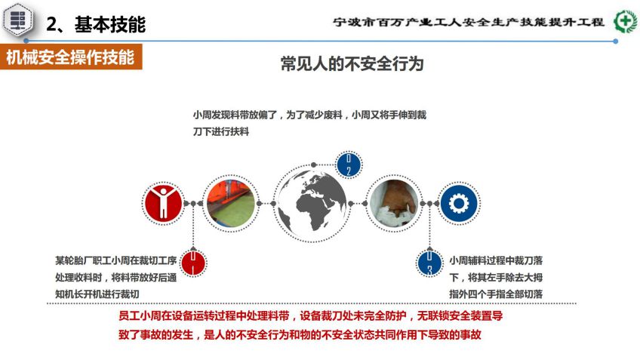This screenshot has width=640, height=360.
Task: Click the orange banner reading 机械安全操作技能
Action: click(x=71, y=57)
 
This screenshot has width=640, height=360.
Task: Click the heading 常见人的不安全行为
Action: click(x=352, y=64)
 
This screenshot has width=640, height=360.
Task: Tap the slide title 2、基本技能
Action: click(x=96, y=24)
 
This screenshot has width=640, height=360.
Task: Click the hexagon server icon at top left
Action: click(x=17, y=19)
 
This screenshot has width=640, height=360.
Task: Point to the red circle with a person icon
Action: click(x=163, y=203)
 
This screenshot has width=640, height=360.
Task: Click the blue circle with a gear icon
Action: click(x=459, y=203)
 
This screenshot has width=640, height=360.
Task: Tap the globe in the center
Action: click(x=312, y=203)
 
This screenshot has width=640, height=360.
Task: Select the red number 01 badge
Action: click(x=193, y=263)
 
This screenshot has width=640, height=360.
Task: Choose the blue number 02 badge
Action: click(x=349, y=165)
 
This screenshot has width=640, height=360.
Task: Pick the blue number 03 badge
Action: click(x=429, y=263)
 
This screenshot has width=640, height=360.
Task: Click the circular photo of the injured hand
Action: click(x=394, y=203)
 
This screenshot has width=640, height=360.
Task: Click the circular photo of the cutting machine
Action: click(x=231, y=203)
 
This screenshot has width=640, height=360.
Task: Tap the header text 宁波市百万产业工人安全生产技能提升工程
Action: click(x=468, y=22)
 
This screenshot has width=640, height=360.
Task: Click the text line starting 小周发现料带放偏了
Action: click(x=309, y=115)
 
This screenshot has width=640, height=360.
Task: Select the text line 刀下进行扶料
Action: click(x=221, y=132)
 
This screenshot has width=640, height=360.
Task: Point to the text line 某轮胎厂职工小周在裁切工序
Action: click(x=116, y=261)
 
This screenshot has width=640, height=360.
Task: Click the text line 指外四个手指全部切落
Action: click(x=496, y=294)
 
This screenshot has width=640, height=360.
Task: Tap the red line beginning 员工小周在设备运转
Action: click(x=311, y=316)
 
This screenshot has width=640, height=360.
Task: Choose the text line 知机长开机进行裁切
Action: click(x=97, y=294)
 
